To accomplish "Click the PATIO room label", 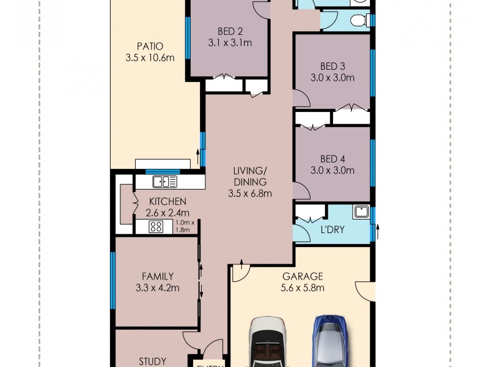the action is tap(150, 46).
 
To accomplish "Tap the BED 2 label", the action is tap(230, 32).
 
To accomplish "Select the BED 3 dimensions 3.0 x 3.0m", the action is tap(333, 78).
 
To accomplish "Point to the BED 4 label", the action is tap(333, 159).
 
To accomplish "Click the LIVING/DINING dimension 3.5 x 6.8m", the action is tap(250, 193).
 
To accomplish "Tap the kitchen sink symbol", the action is tap(164, 182).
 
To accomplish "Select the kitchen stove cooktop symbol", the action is tap(156, 227).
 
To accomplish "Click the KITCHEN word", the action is tap(167, 202).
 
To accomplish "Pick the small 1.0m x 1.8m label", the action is tap(185, 226).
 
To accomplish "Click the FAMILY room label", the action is tap(158, 276).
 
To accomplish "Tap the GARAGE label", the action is tap(303, 276).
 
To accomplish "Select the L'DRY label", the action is tap(333, 230).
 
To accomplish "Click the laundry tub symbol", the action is tap(361, 212).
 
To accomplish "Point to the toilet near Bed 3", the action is tap(359, 21).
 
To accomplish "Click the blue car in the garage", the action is tap(329, 341).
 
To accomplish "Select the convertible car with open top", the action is tap(268, 342).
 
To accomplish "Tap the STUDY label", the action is tap(152, 361).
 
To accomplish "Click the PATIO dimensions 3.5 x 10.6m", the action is tap(150, 58).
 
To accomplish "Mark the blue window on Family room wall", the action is tap(113, 280).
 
